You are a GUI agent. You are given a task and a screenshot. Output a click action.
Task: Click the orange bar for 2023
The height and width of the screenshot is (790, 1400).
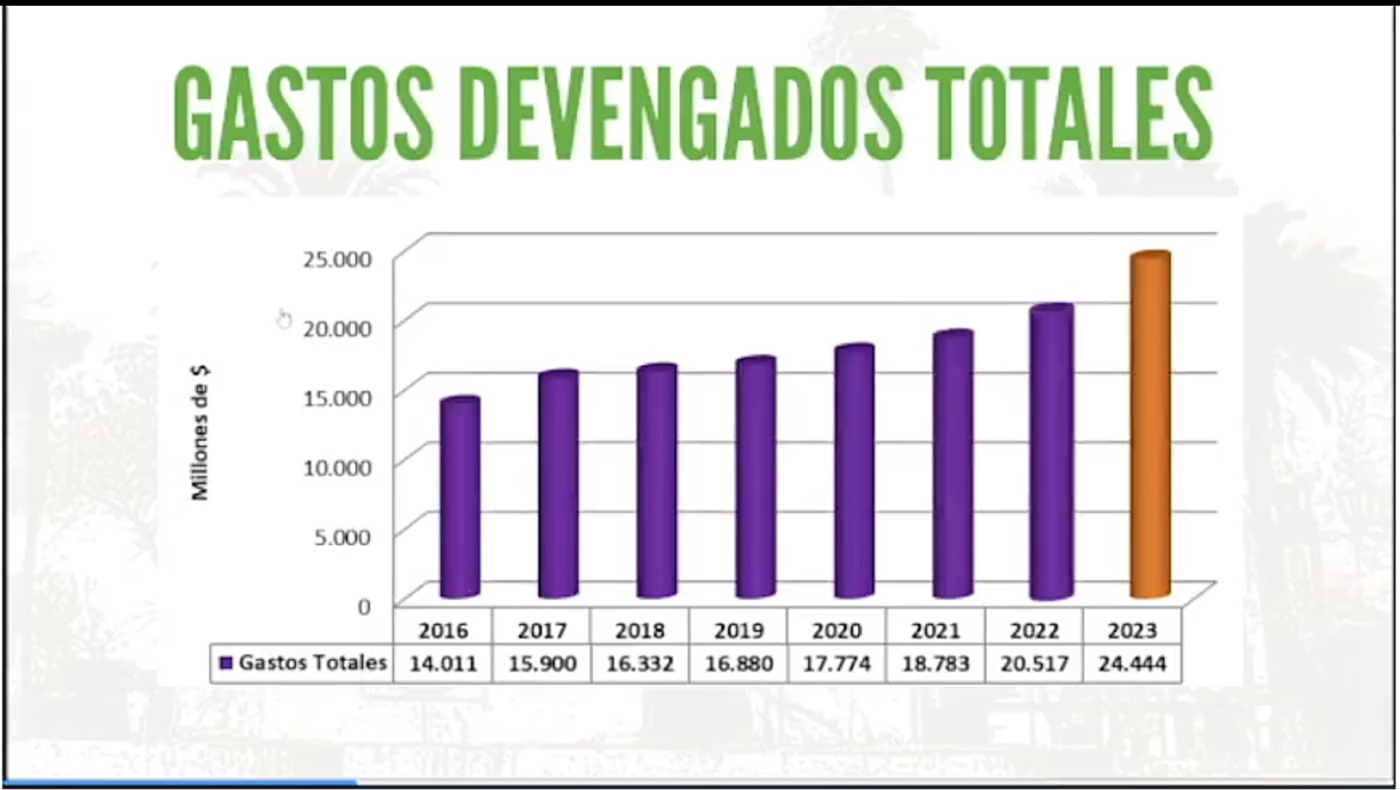(1150, 424)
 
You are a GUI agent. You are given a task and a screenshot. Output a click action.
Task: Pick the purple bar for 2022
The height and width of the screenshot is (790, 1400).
(1051, 453)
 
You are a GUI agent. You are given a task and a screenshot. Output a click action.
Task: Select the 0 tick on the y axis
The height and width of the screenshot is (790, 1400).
(364, 607)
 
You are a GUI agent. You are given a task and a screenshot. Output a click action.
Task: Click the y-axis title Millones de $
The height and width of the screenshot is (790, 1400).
(200, 433)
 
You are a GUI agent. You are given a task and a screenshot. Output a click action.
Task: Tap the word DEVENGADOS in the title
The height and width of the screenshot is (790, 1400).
(680, 112)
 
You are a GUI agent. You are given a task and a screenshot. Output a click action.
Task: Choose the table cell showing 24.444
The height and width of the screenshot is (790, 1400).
(1132, 664)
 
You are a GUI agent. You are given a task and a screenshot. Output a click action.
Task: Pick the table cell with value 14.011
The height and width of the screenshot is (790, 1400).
(443, 664)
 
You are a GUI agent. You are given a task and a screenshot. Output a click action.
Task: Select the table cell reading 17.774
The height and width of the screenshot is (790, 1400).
(836, 664)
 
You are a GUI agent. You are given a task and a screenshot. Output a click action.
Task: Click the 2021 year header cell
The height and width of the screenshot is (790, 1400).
(936, 631)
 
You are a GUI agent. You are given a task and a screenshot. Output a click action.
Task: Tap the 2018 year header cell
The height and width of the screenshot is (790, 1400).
(640, 631)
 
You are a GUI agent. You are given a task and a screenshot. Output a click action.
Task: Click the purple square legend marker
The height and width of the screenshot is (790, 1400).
(226, 663)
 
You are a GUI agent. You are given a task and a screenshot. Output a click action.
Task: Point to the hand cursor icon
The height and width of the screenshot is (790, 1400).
(283, 319)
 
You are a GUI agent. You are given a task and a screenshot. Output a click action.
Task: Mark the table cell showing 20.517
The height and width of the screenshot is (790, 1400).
(1034, 664)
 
